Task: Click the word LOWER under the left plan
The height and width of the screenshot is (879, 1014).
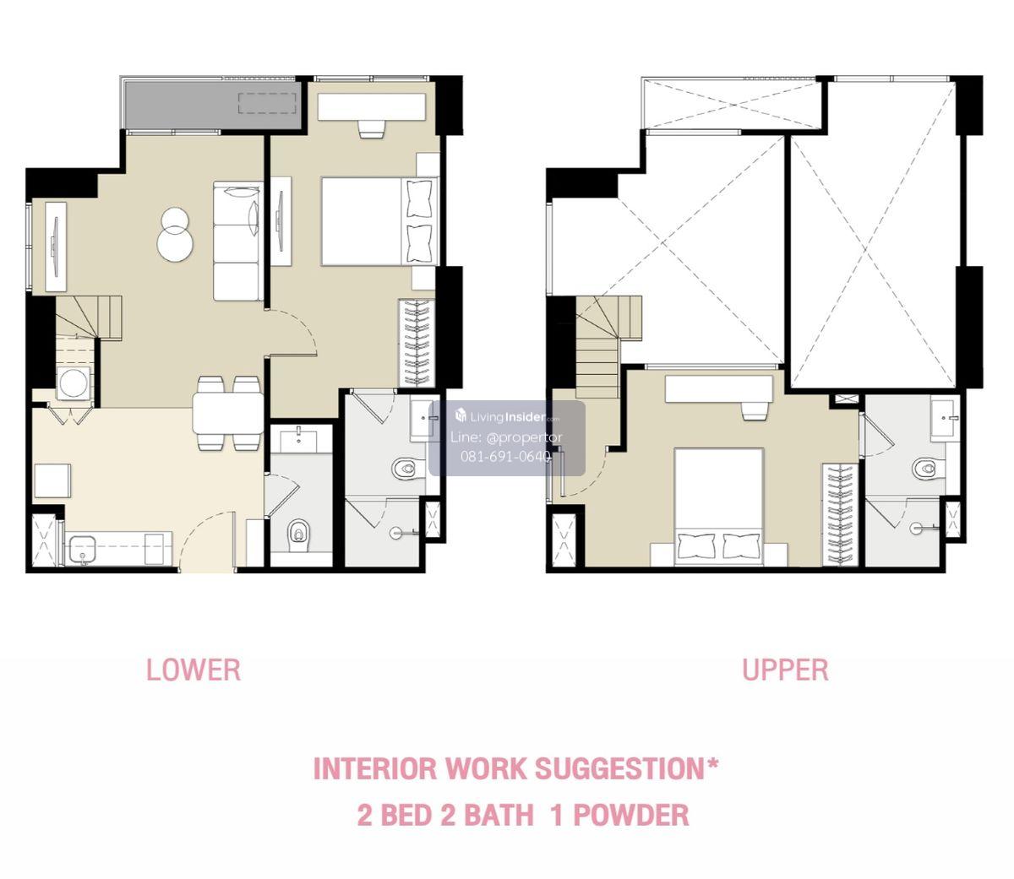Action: pos(194,670)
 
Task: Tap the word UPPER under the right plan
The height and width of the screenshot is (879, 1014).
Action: pos(785,670)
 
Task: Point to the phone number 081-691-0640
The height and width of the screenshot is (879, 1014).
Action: pos(505,456)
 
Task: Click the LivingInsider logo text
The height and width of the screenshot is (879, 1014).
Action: pos(508,417)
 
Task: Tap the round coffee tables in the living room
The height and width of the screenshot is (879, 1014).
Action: pos(174,234)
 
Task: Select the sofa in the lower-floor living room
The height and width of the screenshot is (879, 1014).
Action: pos(238,241)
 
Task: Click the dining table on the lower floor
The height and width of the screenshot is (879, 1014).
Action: pos(228,414)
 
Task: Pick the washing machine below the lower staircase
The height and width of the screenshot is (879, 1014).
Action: pos(74,383)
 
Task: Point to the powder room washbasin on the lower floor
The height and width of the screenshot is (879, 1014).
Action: pos(299,440)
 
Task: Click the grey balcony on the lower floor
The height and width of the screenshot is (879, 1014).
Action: pos(213,105)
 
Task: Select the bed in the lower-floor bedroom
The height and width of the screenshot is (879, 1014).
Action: pos(379,221)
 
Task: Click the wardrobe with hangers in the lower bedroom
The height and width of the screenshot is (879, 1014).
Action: pos(417,343)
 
